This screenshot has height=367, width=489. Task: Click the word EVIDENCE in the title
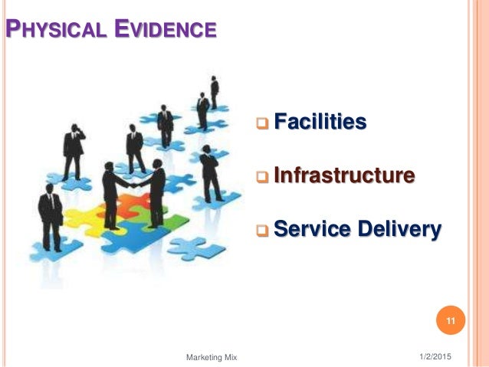coord(163,31)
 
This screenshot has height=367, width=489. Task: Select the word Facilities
coord(320,121)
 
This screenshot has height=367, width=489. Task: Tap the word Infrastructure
coord(344,175)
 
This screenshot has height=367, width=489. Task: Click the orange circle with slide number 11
coord(451,320)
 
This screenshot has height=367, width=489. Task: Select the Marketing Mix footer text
coord(212,357)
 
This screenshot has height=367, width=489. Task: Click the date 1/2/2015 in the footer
coord(435,356)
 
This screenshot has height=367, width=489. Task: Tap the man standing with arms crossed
coord(209,172)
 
